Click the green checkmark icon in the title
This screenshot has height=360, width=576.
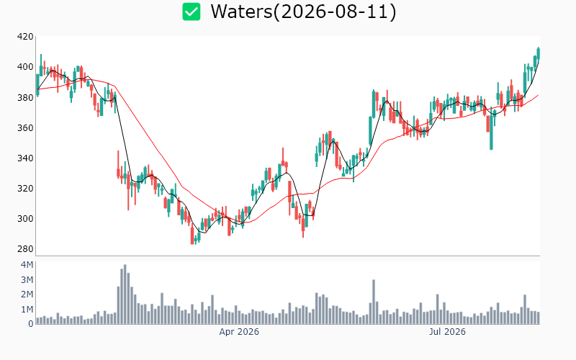(x=192, y=12)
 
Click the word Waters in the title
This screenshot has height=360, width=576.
(x=241, y=12)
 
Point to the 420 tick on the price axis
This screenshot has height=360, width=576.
(x=25, y=37)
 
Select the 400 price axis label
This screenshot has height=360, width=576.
(x=25, y=67)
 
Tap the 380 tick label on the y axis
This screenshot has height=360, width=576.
(x=25, y=97)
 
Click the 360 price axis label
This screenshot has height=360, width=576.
(x=25, y=128)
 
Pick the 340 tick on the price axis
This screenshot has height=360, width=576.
(x=25, y=158)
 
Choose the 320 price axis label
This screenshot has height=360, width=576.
(x=25, y=189)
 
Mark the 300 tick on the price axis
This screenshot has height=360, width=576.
(x=25, y=219)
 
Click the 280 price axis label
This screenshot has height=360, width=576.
(x=25, y=249)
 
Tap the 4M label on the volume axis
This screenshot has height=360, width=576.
(x=27, y=265)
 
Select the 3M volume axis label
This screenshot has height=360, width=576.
(x=27, y=280)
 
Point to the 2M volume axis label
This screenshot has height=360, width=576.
(x=27, y=294)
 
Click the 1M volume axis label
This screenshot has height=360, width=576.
(x=27, y=310)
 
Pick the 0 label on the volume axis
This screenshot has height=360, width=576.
(x=31, y=324)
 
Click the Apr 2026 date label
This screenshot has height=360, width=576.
(x=239, y=332)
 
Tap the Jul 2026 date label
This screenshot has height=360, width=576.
(x=447, y=332)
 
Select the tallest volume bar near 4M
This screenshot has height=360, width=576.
(x=125, y=294)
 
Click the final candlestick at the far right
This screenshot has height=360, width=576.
(x=539, y=53)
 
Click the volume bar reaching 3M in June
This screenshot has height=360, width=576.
(x=374, y=302)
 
